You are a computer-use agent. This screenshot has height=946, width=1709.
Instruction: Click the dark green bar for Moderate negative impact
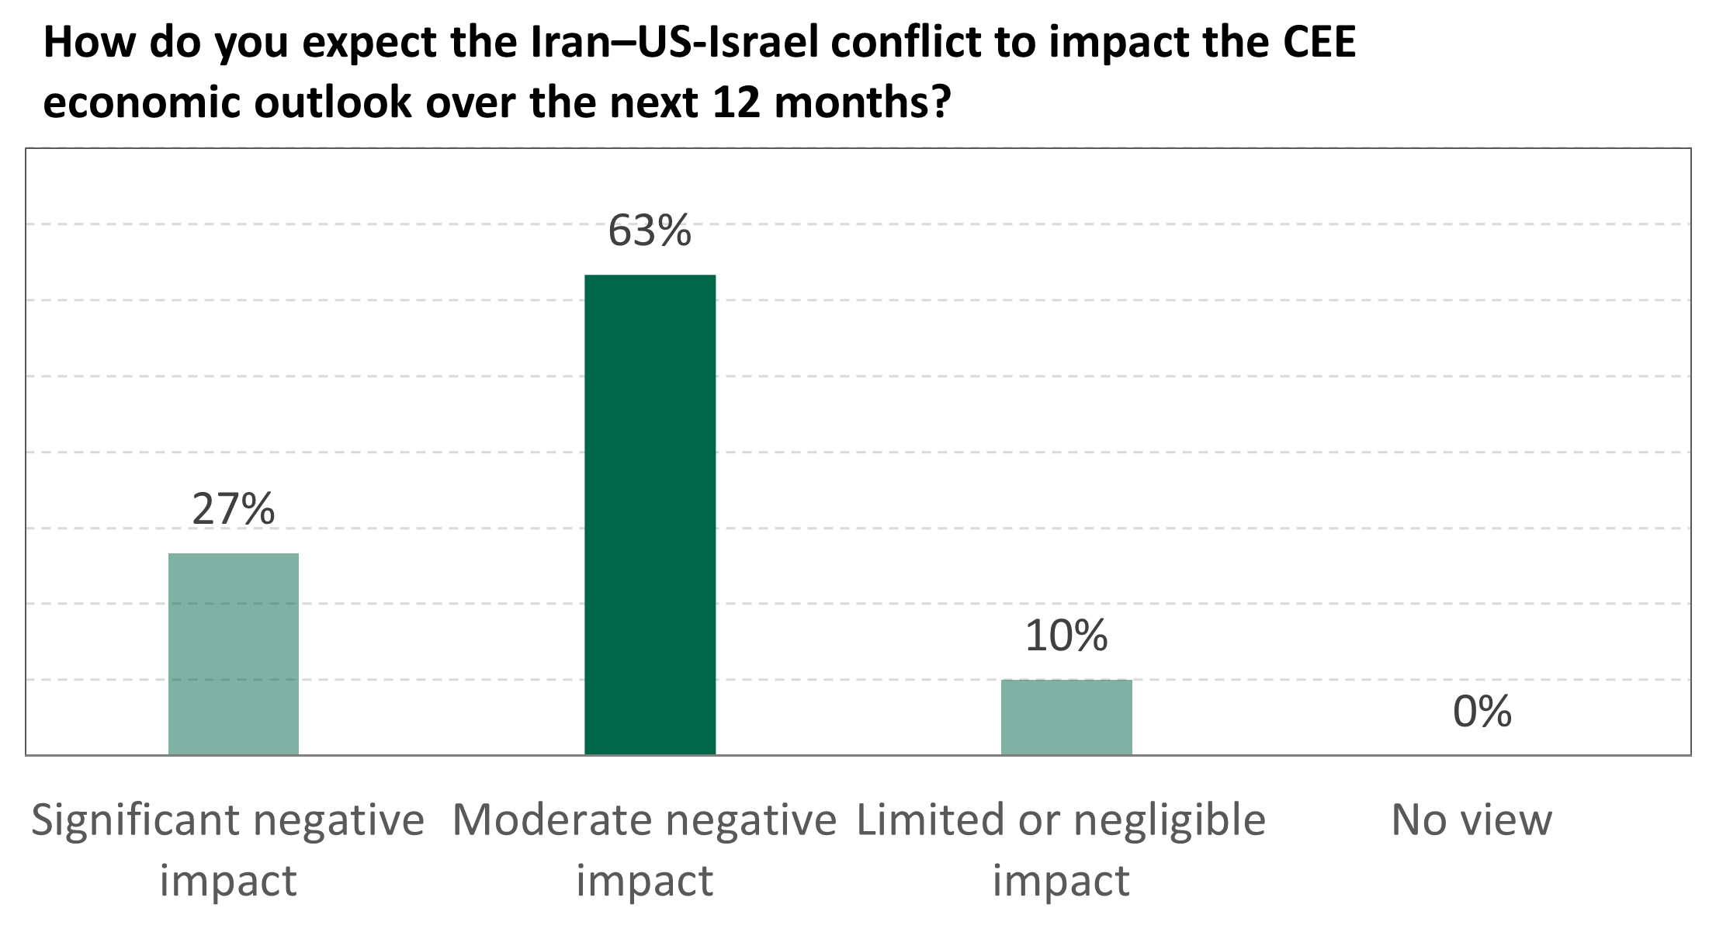(650, 514)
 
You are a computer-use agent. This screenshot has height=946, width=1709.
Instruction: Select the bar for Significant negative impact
(233, 653)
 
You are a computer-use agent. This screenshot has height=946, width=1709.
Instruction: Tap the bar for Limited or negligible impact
(1066, 716)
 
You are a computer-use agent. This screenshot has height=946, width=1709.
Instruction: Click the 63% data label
(649, 231)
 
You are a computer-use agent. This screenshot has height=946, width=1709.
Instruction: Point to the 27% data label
(233, 510)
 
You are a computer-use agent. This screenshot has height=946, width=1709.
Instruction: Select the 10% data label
(1066, 636)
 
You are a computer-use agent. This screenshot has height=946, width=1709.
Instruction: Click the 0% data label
(1482, 712)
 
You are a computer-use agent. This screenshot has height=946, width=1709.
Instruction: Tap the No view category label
(1471, 820)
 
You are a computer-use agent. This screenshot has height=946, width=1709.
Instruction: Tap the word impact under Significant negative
(228, 882)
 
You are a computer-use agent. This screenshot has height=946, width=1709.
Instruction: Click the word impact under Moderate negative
(644, 882)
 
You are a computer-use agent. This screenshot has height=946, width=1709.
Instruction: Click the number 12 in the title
(736, 102)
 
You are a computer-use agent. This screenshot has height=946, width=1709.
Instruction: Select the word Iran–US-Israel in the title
(674, 43)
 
